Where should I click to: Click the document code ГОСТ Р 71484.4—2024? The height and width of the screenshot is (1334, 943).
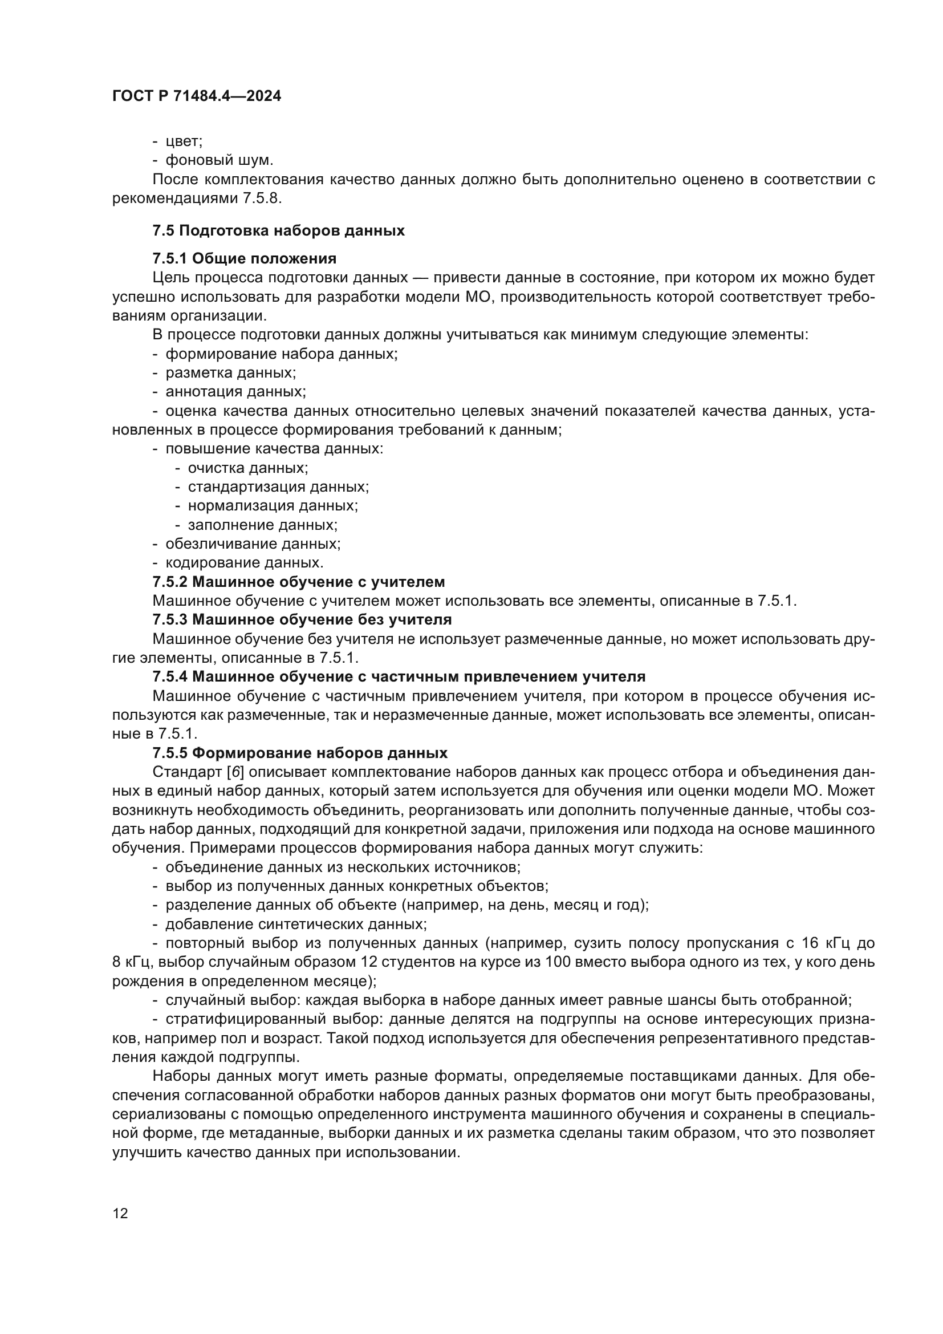click(x=196, y=96)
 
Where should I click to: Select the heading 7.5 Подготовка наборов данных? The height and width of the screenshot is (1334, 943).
click(x=278, y=230)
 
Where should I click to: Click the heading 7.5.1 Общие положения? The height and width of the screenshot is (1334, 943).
click(x=245, y=258)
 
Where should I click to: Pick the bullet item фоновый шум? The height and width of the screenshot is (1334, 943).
click(x=219, y=160)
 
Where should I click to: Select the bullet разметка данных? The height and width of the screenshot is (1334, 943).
click(x=230, y=372)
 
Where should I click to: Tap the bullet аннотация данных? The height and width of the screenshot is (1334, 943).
click(x=235, y=392)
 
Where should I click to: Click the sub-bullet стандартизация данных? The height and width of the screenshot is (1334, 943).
click(x=278, y=487)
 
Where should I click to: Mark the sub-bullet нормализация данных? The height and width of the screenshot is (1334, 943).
click(x=273, y=505)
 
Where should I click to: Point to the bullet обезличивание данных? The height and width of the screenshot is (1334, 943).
click(x=253, y=544)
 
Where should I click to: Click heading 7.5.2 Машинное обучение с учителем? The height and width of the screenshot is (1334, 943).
click(x=298, y=582)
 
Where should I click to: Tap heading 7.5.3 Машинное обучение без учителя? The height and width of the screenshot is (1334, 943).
click(x=302, y=619)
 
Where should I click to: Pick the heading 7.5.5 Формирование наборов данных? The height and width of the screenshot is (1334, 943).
click(x=300, y=753)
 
